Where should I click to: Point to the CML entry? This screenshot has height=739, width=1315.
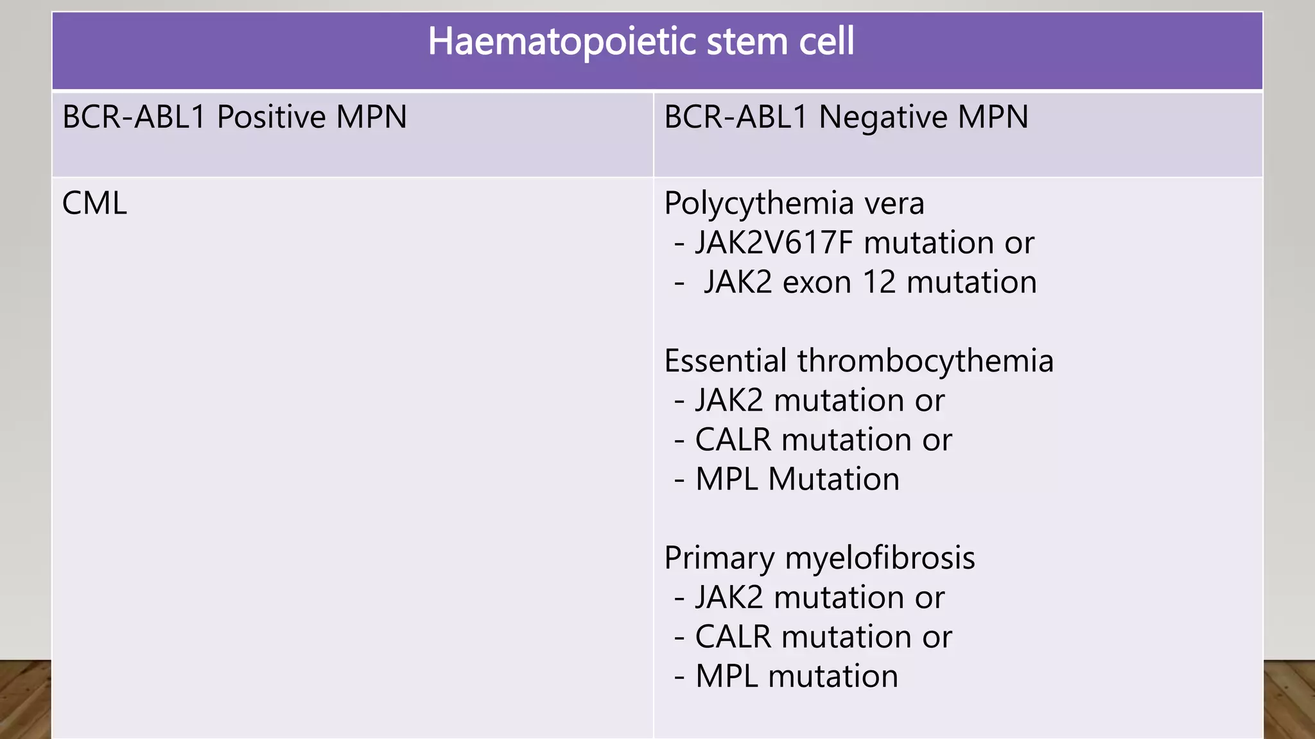[94, 204]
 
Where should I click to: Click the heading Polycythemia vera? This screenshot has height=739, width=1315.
[794, 204]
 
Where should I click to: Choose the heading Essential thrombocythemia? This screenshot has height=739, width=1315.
[858, 361]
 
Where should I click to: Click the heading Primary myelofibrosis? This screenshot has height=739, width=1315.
[819, 558]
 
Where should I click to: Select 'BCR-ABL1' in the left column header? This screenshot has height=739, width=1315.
[134, 117]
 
